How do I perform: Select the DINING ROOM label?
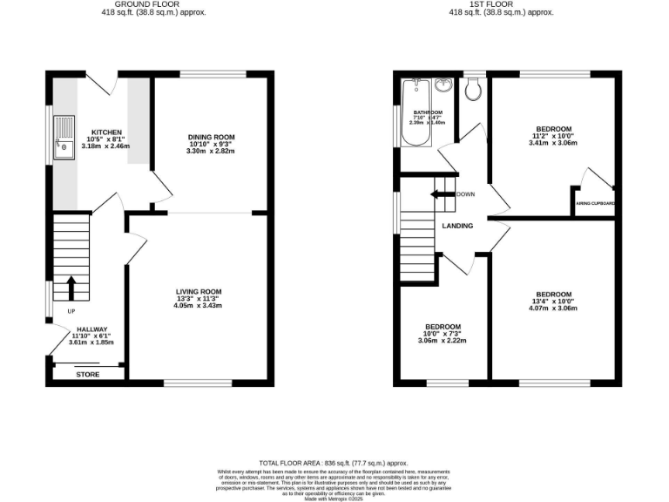point(211,137)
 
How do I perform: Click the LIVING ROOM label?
point(198,291)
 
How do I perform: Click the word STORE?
point(88,374)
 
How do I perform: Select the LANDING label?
point(457,226)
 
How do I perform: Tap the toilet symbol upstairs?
point(473,87)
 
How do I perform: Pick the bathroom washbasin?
point(444,85)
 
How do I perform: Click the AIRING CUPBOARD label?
point(595,204)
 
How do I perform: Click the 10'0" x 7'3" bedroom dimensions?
point(443,334)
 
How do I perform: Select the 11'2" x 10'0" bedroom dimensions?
point(553,136)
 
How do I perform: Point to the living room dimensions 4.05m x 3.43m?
point(198,306)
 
